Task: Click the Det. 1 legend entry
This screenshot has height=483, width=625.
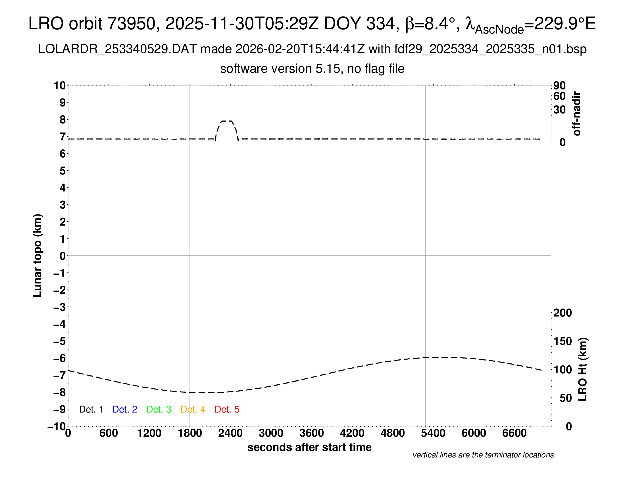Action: [x=91, y=409]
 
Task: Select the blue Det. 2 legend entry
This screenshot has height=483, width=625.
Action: [x=125, y=409]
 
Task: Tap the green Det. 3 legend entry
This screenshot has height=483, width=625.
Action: [x=159, y=409]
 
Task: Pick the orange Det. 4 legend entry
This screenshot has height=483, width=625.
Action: [x=193, y=409]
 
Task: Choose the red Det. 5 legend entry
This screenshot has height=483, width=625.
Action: [x=227, y=409]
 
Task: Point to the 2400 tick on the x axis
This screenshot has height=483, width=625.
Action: [x=230, y=433]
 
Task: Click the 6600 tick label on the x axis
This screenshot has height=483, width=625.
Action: [x=514, y=433]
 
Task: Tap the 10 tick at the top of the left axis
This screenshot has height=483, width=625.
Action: [x=60, y=86]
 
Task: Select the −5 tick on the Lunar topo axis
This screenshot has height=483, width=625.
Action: [x=60, y=341]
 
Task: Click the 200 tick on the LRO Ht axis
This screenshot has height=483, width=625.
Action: [x=562, y=313]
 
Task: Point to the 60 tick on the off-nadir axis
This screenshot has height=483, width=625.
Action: [x=559, y=96]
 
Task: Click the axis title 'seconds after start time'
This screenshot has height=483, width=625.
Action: [x=309, y=447]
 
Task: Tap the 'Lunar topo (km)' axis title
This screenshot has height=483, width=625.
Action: [x=37, y=255]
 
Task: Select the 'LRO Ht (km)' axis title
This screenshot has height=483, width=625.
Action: [x=583, y=369]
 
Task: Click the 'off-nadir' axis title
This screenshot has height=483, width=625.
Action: [x=577, y=114]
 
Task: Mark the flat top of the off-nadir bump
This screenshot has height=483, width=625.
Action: [x=227, y=121]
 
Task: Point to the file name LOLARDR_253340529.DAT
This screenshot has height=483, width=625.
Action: [x=117, y=49]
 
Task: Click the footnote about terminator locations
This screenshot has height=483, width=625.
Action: [x=483, y=455]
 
